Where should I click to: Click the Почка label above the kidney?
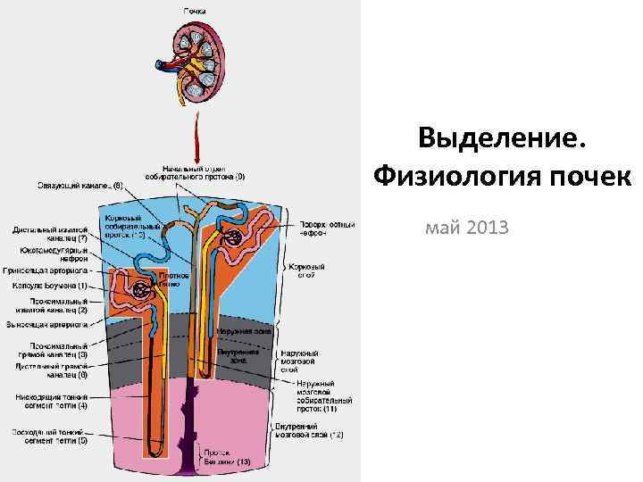(x=195, y=11)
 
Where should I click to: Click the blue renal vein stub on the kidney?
(x=159, y=65)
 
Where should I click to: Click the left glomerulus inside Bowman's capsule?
(x=139, y=290)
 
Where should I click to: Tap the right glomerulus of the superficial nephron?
(x=235, y=237)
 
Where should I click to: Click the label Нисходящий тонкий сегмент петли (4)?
(x=52, y=401)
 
